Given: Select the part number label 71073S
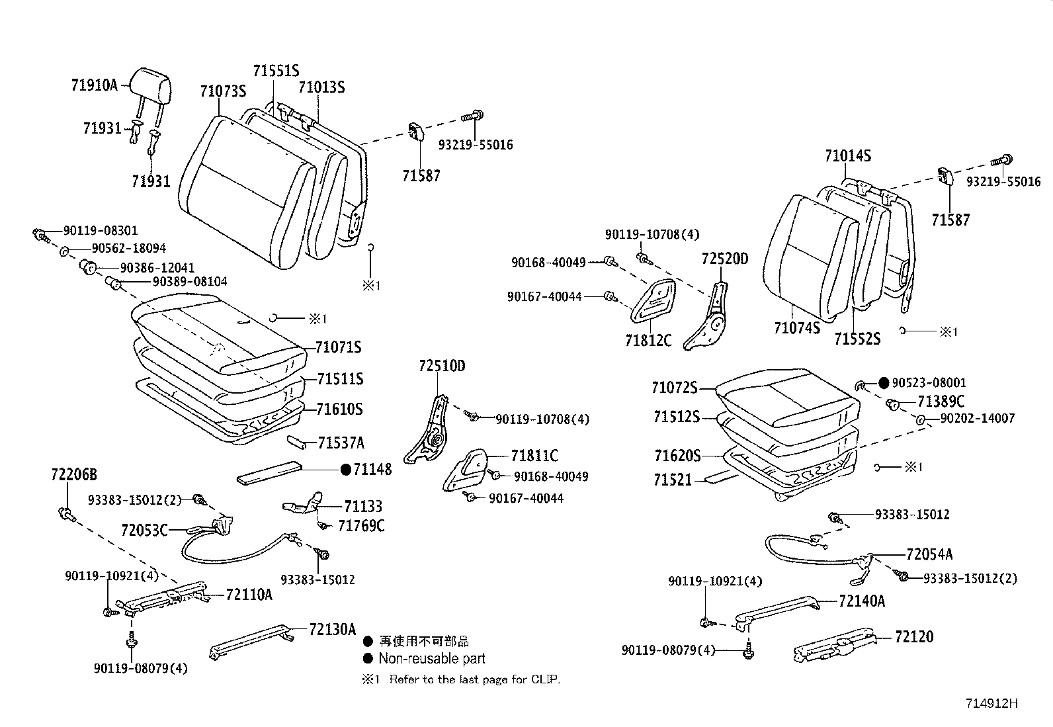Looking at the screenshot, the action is coord(223,91).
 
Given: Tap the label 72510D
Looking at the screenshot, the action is coord(442,366).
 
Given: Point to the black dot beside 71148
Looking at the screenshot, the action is coord(345,469).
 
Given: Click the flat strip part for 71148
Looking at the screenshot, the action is coord(269,472).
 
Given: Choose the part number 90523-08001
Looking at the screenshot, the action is coord(929,383).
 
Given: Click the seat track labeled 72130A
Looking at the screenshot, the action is coord(252,642).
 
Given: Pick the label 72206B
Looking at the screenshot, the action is coord(74,474).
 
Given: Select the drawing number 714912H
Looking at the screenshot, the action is coord(991,703).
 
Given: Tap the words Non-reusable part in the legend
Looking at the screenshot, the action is coord(431,658).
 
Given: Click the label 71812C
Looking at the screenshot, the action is coord(648,340).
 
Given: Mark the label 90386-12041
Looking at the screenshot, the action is coord(157,267).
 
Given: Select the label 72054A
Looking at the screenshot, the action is coord(929,554).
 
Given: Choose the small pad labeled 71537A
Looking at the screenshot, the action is coord(296,441).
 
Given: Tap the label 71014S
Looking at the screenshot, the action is coord(848,155).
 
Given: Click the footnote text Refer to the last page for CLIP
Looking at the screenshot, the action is coord(475,679).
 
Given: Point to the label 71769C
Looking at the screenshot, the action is coord(361,526).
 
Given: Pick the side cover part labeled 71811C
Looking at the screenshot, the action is coord(465,470).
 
